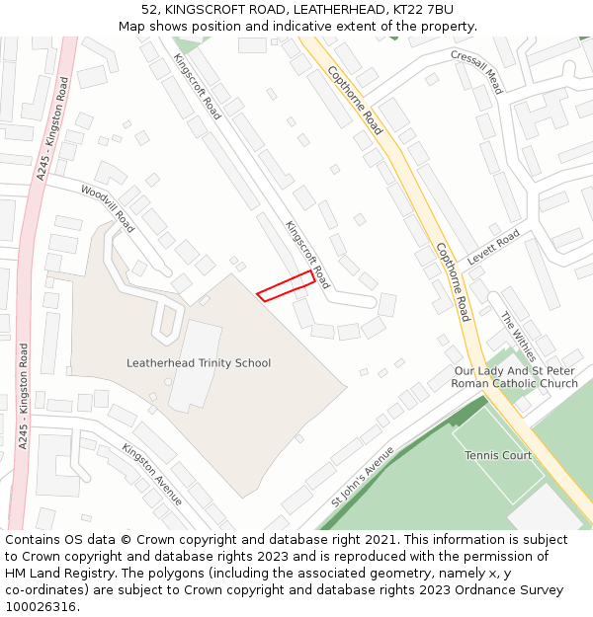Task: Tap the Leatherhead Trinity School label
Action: click(199, 363)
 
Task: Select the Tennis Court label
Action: click(498, 455)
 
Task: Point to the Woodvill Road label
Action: click(108, 209)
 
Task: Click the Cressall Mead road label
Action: click(476, 72)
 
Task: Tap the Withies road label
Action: click(518, 336)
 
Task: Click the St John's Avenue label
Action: click(362, 475)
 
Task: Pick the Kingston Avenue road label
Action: click(151, 474)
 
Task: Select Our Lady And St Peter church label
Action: click(514, 377)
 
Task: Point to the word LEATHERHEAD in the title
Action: click(321, 10)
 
